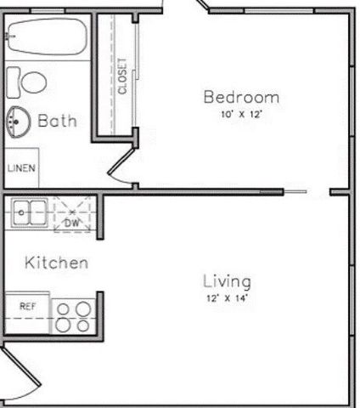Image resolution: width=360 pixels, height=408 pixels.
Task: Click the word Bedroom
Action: coord(240,97)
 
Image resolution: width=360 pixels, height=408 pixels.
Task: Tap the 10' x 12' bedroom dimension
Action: coord(240,113)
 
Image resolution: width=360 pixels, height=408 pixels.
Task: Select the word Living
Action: coord(227,280)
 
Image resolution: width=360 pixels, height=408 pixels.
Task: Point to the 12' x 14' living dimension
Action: coord(227,298)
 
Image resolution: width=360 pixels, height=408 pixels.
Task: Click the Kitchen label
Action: coord(56,263)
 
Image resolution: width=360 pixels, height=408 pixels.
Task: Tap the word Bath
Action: coord(58,121)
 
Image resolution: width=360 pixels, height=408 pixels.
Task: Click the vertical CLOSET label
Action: coord(123,76)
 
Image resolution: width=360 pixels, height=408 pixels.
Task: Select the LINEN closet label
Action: coord(22,167)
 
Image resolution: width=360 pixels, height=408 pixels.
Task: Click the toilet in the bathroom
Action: coord(29,82)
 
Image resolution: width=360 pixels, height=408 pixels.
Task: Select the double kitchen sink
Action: coord(30,212)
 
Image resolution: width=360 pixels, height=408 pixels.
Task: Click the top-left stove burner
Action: coord(64,309)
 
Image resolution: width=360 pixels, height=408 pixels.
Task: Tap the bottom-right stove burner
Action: coord(84,325)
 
